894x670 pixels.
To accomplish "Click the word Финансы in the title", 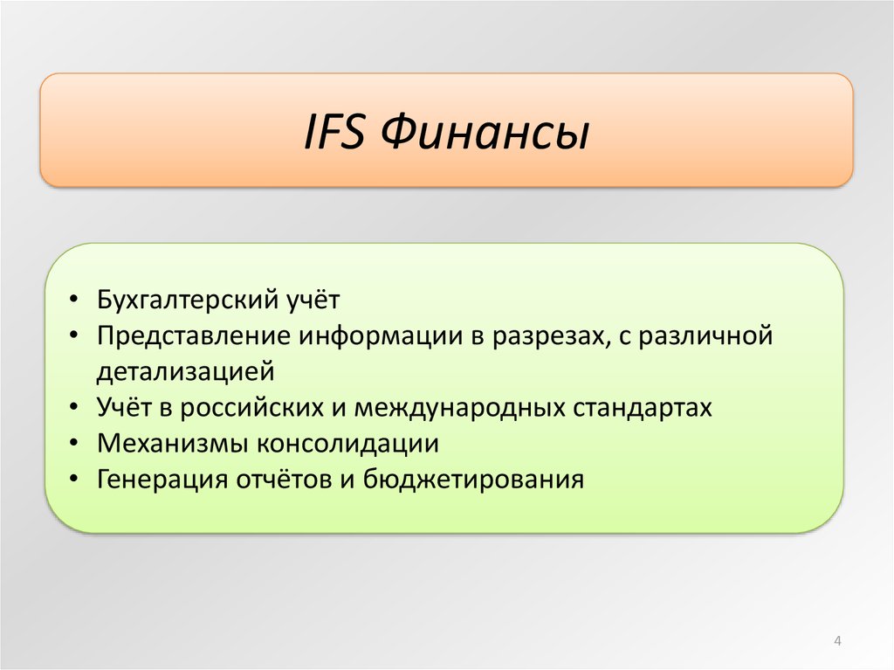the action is [x=485, y=133].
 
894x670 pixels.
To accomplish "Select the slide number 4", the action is [x=837, y=641].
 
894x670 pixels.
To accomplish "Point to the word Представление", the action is [x=193, y=336].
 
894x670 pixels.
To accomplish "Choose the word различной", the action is [x=705, y=336].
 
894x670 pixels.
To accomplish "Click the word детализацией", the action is [x=186, y=372].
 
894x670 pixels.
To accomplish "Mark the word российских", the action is [x=252, y=408].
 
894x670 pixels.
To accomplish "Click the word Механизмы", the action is [x=173, y=444].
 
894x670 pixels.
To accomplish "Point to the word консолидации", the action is [x=347, y=444].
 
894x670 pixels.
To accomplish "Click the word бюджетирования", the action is [x=473, y=480].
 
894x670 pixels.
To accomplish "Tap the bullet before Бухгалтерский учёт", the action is [x=73, y=300].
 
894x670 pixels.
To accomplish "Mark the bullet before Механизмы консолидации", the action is [x=73, y=444].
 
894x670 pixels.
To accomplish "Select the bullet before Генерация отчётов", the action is [x=73, y=480].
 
